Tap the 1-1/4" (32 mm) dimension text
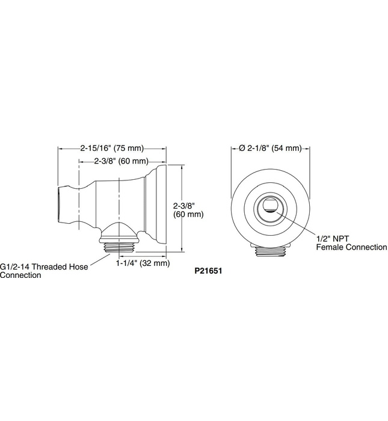click(x=143, y=263)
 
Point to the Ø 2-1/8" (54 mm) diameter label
click(x=270, y=147)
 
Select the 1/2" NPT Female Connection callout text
click(x=343, y=242)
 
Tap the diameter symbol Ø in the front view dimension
click(x=241, y=147)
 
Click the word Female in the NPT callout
click(x=329, y=247)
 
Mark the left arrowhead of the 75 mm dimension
click(x=60, y=147)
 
